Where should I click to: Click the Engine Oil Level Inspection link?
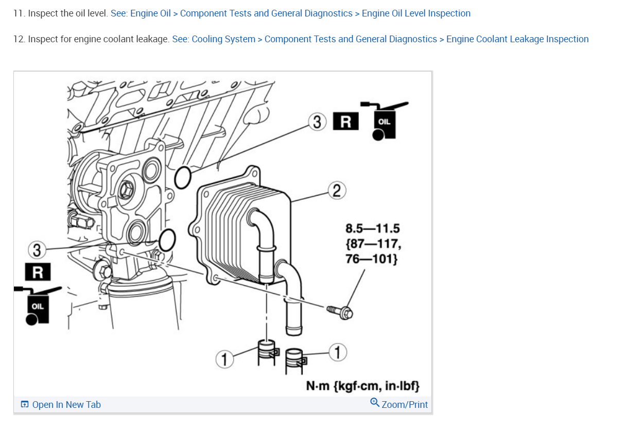(x=416, y=13)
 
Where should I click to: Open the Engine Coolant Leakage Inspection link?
(x=517, y=39)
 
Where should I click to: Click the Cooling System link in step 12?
(x=223, y=39)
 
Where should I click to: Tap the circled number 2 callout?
(x=336, y=191)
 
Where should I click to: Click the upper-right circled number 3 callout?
(x=317, y=123)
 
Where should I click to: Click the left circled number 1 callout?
(x=223, y=359)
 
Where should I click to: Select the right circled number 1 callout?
(x=338, y=352)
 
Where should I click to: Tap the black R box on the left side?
(x=38, y=272)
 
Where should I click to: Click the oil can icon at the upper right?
(x=384, y=121)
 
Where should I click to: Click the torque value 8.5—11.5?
(x=372, y=228)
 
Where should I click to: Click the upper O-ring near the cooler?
(x=183, y=178)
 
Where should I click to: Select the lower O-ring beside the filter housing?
(x=167, y=239)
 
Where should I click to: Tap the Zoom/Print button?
(x=399, y=404)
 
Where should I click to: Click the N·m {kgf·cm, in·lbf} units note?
(x=363, y=385)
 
